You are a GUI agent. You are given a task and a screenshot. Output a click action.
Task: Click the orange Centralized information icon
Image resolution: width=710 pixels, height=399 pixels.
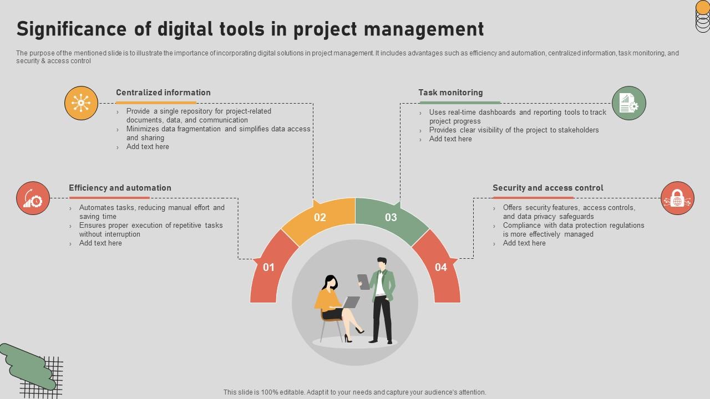[81, 103]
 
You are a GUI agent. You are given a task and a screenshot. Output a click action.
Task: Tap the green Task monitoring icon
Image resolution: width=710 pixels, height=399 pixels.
[629, 103]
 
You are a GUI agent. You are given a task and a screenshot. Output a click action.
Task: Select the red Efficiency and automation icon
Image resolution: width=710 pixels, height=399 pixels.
[33, 198]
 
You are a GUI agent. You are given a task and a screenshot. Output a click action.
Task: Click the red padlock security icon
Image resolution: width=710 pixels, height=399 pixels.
[677, 198]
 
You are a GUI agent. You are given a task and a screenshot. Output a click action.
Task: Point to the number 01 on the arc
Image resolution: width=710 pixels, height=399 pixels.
[269, 267]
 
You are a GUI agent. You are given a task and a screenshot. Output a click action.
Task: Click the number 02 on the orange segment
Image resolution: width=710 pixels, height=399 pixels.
[320, 217]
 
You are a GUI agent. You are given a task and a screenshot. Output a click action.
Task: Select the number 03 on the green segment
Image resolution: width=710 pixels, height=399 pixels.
[391, 217]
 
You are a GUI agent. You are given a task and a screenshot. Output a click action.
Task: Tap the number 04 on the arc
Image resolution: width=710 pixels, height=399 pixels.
[441, 267]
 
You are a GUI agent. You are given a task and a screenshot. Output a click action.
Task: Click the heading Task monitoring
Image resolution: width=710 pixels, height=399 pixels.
[450, 93]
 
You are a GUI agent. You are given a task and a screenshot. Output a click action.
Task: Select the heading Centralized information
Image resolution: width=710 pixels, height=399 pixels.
[163, 93]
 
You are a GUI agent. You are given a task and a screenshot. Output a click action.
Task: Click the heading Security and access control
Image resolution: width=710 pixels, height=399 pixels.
[547, 188]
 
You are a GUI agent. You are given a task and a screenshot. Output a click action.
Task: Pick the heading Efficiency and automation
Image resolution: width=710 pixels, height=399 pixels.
[120, 188]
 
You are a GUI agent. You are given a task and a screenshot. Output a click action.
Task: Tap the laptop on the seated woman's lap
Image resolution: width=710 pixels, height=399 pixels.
[351, 303]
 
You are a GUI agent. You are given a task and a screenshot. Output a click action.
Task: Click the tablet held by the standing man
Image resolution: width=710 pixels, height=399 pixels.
[364, 282]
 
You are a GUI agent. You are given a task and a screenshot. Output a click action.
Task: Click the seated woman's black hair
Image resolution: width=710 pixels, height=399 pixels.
[329, 282]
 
